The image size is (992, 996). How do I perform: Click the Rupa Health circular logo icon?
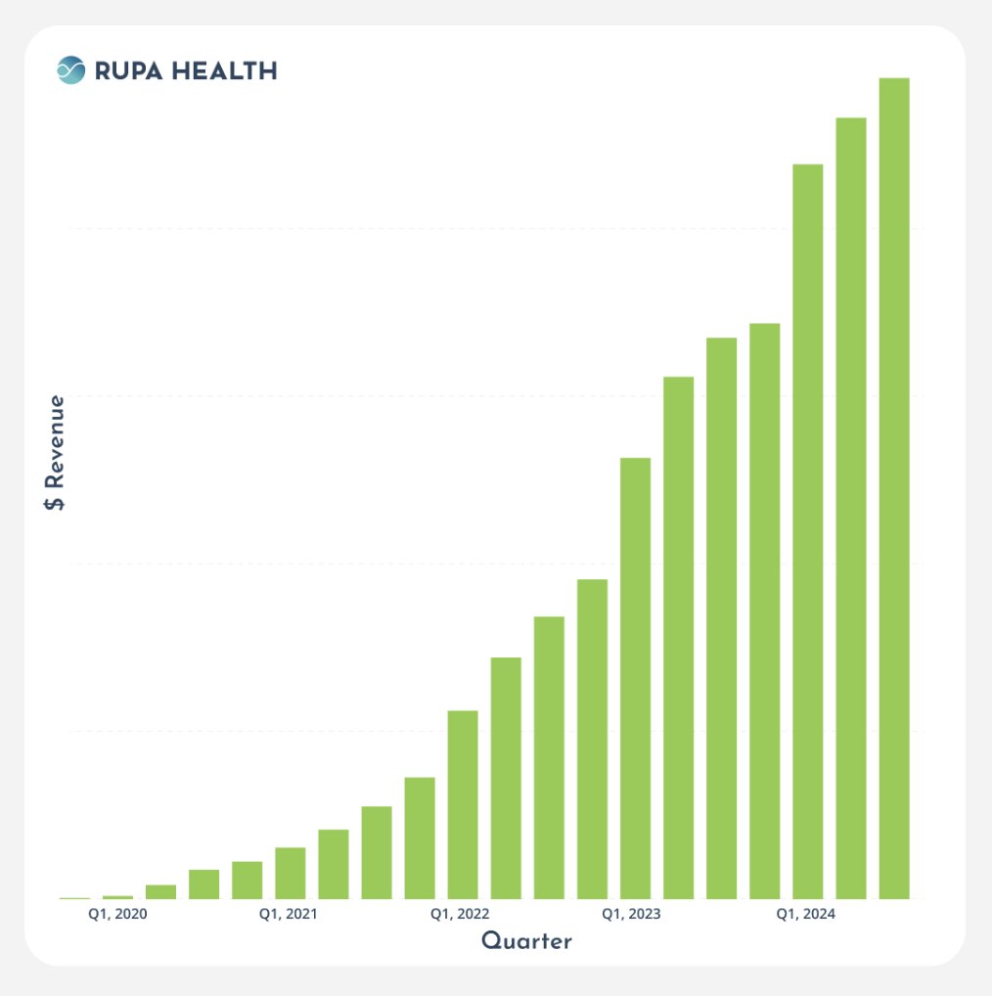[x=71, y=70]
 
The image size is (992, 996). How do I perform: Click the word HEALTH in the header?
[x=227, y=70]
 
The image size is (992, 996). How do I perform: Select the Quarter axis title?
[x=526, y=941]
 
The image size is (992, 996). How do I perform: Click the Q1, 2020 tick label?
[x=117, y=915]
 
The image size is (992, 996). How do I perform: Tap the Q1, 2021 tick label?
[x=289, y=915]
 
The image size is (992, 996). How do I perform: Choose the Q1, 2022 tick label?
[x=461, y=915]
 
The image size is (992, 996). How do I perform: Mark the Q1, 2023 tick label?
[x=631, y=915]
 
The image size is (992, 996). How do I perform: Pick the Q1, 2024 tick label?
[x=806, y=915]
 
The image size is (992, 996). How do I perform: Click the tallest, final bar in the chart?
[x=894, y=488]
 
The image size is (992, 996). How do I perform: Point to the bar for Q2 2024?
[x=850, y=508]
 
